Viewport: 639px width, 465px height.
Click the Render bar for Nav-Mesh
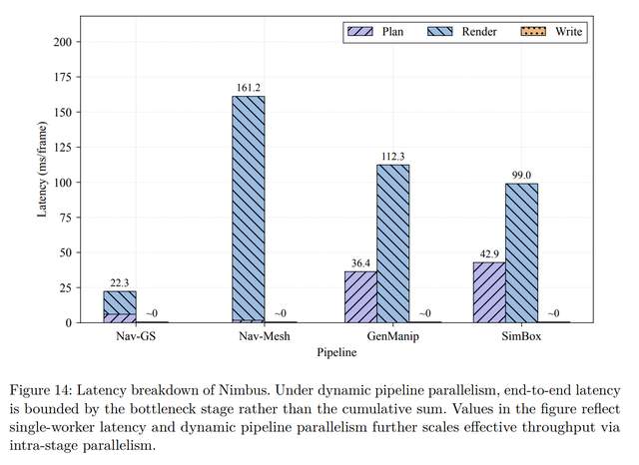(249, 210)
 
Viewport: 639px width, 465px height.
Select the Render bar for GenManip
(392, 243)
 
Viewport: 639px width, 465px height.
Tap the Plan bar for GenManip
(360, 296)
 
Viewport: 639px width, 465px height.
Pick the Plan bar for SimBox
(488, 292)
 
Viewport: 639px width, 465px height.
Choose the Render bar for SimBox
(520, 252)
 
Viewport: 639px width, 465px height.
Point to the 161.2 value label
(249, 88)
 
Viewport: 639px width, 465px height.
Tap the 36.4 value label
(360, 263)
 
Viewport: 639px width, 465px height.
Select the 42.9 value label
(488, 254)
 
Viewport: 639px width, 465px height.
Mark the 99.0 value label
(520, 176)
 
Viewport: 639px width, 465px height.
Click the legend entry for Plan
(373, 32)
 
